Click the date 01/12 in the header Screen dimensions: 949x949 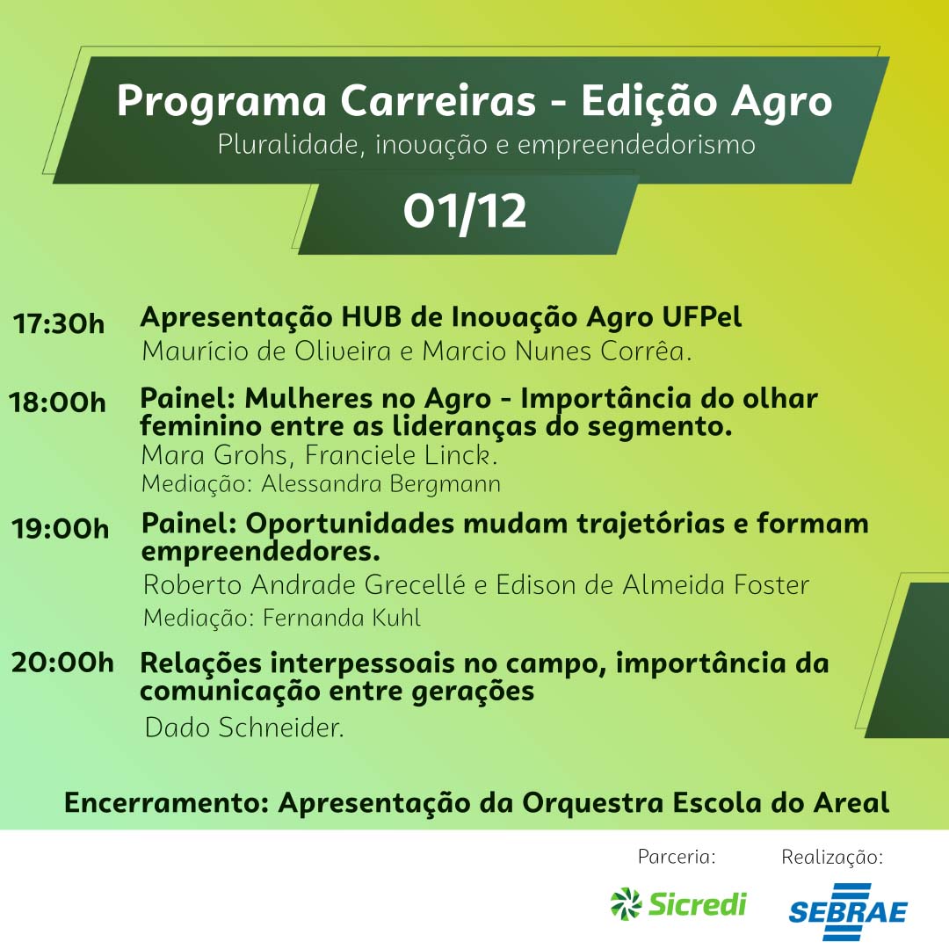point(465,212)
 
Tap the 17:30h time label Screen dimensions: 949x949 point(59,323)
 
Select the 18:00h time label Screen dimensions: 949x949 point(57,402)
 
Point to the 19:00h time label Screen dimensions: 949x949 point(61,529)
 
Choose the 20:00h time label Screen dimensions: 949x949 point(62,663)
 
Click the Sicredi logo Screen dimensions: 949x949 point(678,904)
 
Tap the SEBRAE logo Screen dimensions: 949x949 point(848,911)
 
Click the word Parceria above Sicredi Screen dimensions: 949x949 point(677,857)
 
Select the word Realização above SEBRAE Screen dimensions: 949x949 point(832,857)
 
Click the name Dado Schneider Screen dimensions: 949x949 point(244,728)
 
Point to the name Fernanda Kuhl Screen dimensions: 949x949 point(342,618)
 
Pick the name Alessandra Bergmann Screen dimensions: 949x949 point(381,484)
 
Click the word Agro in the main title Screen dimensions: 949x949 point(782,101)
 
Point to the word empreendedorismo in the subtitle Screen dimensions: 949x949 point(636,145)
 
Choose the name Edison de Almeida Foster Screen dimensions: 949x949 point(653,584)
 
